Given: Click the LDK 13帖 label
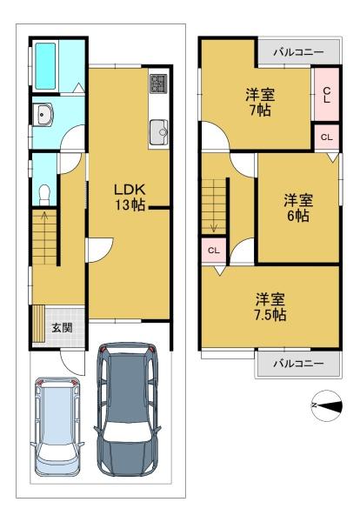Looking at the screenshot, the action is point(130,197).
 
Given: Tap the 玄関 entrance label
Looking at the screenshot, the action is point(62,328).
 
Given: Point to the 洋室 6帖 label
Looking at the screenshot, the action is point(298,208).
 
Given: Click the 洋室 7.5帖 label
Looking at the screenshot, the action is point(270,307).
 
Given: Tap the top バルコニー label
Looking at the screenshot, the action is point(298,52).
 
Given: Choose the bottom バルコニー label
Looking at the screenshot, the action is point(298,363).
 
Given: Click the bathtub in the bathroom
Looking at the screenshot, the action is point(45,66).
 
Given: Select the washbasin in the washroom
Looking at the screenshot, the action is point(43,114).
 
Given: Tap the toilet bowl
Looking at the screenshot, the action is point(44,195).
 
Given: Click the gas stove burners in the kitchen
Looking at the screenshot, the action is point(158,84).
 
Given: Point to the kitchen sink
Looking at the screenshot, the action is point(159,132).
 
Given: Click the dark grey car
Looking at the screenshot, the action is point(127,409).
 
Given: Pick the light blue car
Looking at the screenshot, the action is point(57,427).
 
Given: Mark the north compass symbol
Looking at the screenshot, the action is point(326,405).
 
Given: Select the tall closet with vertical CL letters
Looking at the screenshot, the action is point(326,95).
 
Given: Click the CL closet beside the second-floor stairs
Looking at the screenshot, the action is point(214,251).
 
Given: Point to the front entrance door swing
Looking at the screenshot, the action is point(72,363).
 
